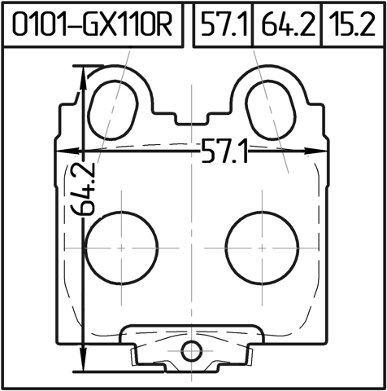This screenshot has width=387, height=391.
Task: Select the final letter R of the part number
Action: click(164, 26)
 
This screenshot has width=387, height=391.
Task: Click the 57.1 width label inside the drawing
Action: click(225, 152)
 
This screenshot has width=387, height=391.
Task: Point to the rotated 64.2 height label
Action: click(84, 188)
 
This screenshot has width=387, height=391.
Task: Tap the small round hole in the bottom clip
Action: click(191, 351)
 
